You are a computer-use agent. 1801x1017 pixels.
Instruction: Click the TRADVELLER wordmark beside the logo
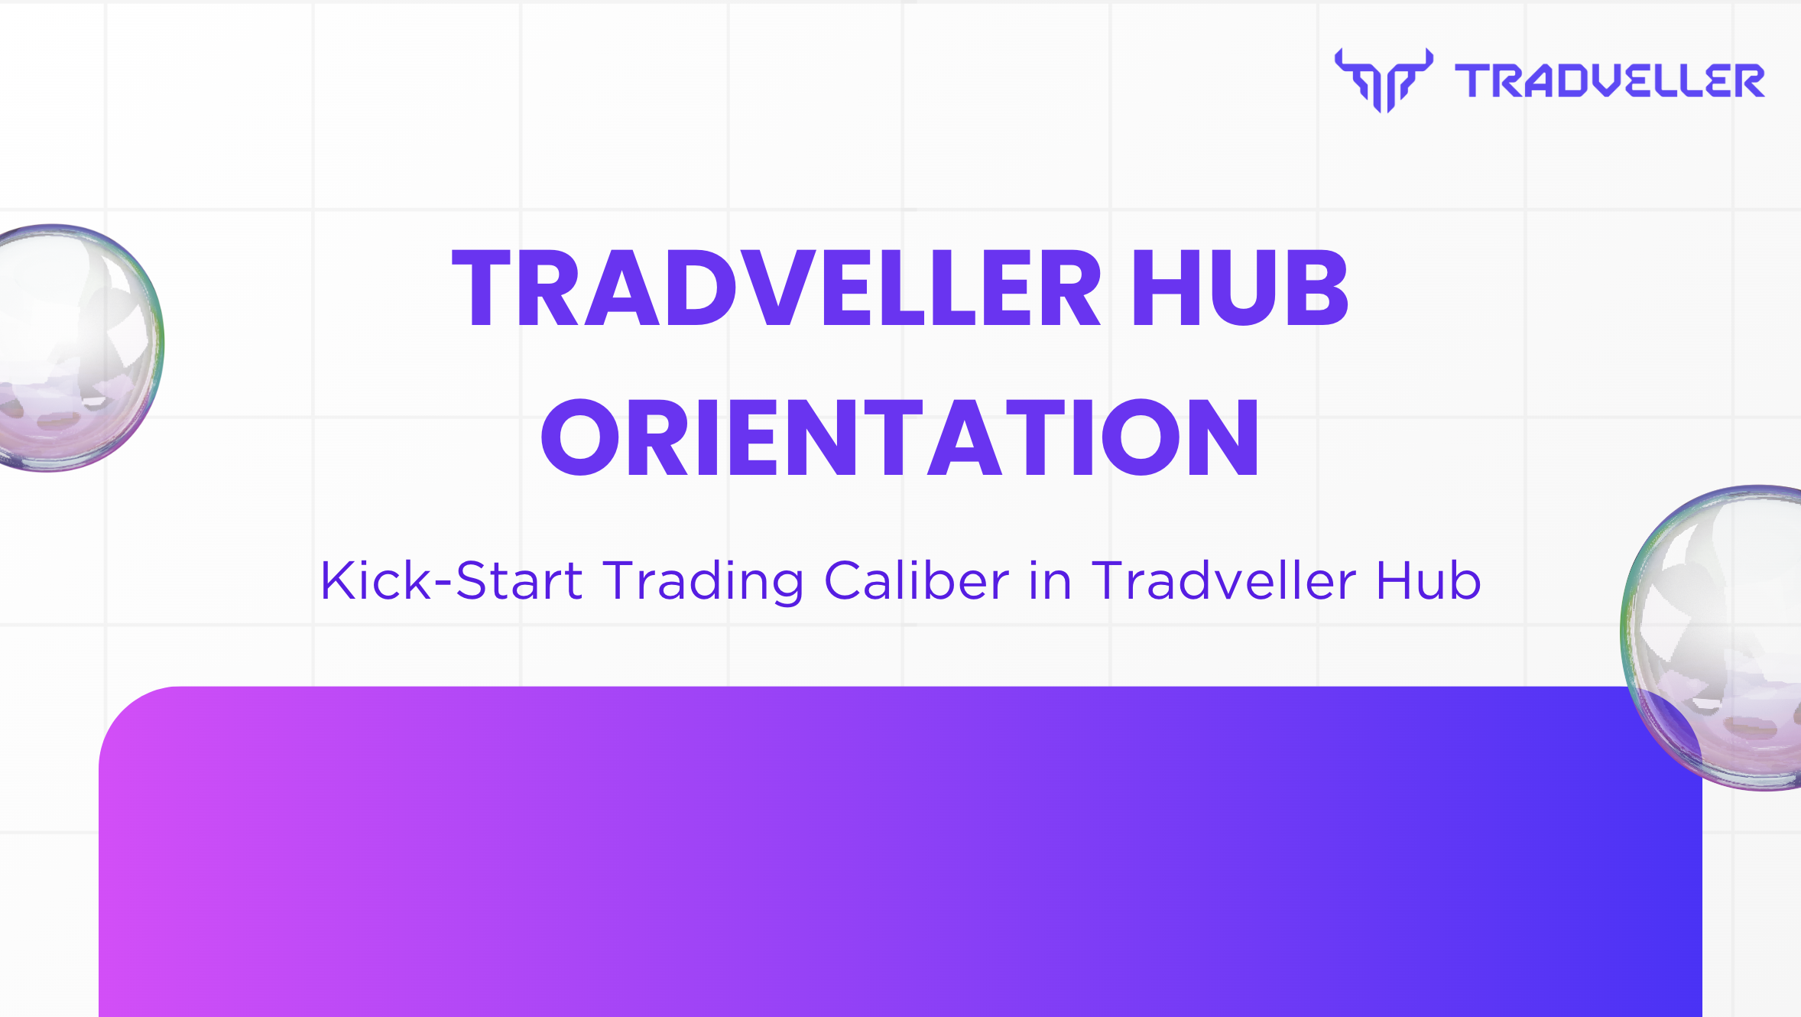[1609, 81]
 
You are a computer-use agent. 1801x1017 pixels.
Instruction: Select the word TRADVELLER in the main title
[776, 289]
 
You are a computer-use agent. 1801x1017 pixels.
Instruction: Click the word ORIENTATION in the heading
[900, 437]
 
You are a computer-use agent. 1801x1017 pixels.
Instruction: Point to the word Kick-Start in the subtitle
[451, 580]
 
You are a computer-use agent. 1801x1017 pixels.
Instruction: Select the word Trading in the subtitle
[703, 580]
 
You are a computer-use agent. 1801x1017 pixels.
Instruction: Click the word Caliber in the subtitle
[917, 580]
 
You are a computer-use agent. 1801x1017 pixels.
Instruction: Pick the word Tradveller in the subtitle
[1224, 580]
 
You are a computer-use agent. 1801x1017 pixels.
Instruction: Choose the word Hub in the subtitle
[1428, 580]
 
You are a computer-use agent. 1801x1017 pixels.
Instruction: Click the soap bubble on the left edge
[76, 348]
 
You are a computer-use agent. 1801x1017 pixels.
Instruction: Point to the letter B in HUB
[1316, 289]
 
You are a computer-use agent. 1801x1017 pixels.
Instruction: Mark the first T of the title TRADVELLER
[482, 289]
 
